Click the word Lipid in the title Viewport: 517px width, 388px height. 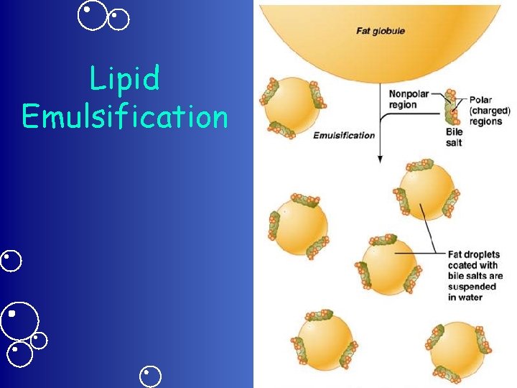124,79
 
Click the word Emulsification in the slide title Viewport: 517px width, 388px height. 124,116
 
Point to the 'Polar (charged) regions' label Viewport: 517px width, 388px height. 489,111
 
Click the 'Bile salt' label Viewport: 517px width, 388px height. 454,137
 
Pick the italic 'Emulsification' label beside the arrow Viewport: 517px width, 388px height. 344,135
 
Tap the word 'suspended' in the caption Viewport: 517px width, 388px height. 472,287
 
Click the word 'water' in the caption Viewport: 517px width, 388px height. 470,297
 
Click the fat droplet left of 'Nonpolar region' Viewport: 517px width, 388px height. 292,106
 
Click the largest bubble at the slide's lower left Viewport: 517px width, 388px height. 19,320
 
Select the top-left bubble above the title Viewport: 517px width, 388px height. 93,16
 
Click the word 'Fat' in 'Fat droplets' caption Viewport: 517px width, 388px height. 455,254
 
